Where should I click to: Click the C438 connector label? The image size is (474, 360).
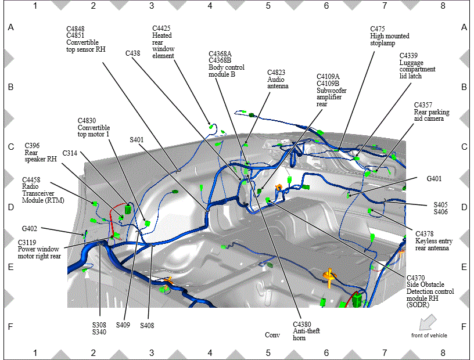[x=132, y=53]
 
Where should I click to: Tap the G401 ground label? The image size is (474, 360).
[x=434, y=179]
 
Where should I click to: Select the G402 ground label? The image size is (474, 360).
[x=30, y=229]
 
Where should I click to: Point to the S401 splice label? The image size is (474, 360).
[x=137, y=140]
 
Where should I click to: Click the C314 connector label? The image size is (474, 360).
[x=70, y=153]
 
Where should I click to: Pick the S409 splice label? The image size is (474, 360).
[x=123, y=325]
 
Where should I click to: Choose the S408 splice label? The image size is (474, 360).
[x=147, y=326]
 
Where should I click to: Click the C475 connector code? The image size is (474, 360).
[x=378, y=29]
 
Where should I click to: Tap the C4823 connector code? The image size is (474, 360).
[x=276, y=73]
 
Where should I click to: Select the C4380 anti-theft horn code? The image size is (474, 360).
[x=302, y=325]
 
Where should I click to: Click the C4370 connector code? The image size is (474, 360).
[x=416, y=278]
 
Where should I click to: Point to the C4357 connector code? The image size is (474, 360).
[x=423, y=105]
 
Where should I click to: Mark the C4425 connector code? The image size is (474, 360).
[x=161, y=28]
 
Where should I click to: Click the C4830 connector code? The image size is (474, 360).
[x=87, y=121]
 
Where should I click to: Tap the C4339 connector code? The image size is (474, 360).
[x=408, y=56]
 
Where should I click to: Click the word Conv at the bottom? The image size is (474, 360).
[x=272, y=335]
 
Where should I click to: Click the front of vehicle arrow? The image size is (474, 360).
[x=428, y=322]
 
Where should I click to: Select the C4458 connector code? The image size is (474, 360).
[x=31, y=180]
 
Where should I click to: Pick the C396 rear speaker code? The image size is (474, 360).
[x=32, y=146]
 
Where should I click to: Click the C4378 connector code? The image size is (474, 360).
[x=425, y=234]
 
